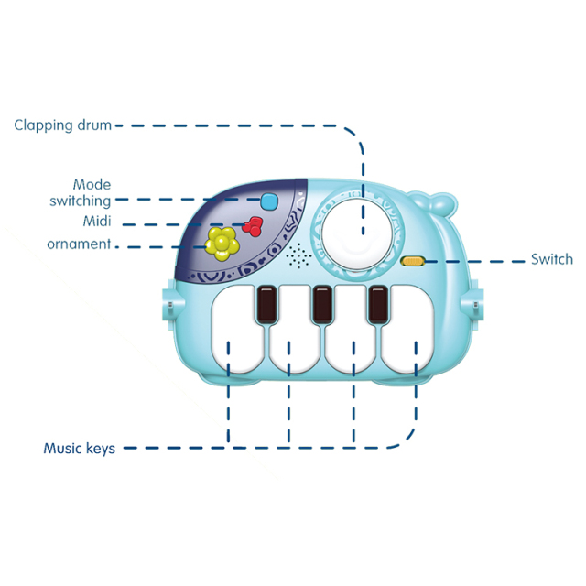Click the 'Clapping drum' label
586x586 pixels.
pos(63,125)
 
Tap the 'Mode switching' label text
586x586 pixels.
pos(81,193)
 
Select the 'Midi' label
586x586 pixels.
pos(97,221)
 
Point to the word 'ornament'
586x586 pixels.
pos(79,244)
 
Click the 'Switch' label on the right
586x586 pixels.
pos(552,259)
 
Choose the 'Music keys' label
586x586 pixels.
pos(80,448)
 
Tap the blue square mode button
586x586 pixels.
pos(270,201)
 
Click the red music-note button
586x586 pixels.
pos(253,226)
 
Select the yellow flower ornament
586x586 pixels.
pos(222,244)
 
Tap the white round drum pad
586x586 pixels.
pos(357,233)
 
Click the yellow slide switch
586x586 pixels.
pos(412,261)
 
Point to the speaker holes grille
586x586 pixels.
pos(298,255)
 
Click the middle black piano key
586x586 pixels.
pos(322,304)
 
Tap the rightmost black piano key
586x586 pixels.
pos(378,304)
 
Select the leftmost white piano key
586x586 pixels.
pos(237,330)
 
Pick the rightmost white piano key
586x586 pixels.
pos(407,330)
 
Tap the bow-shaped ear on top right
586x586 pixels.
pos(433,204)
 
